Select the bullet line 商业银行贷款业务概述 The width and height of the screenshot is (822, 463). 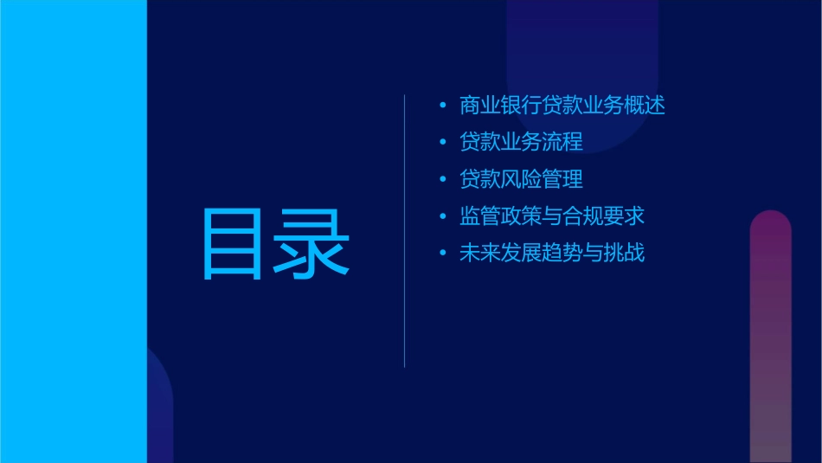(562, 106)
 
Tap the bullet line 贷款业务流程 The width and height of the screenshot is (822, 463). (521, 142)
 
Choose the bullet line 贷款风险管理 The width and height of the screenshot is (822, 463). (521, 179)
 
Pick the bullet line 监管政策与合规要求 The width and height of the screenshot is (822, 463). (552, 216)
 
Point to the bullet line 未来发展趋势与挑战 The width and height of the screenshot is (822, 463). (552, 254)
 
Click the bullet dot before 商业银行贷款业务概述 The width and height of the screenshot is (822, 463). (443, 106)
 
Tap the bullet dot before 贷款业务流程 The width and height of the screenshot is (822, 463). (443, 143)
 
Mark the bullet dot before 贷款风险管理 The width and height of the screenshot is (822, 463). (443, 180)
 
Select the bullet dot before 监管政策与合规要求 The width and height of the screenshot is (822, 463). (443, 217)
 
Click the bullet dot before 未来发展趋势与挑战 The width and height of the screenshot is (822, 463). (443, 254)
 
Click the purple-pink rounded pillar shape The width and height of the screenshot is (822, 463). (770, 338)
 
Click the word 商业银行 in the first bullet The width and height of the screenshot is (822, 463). (500, 106)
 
